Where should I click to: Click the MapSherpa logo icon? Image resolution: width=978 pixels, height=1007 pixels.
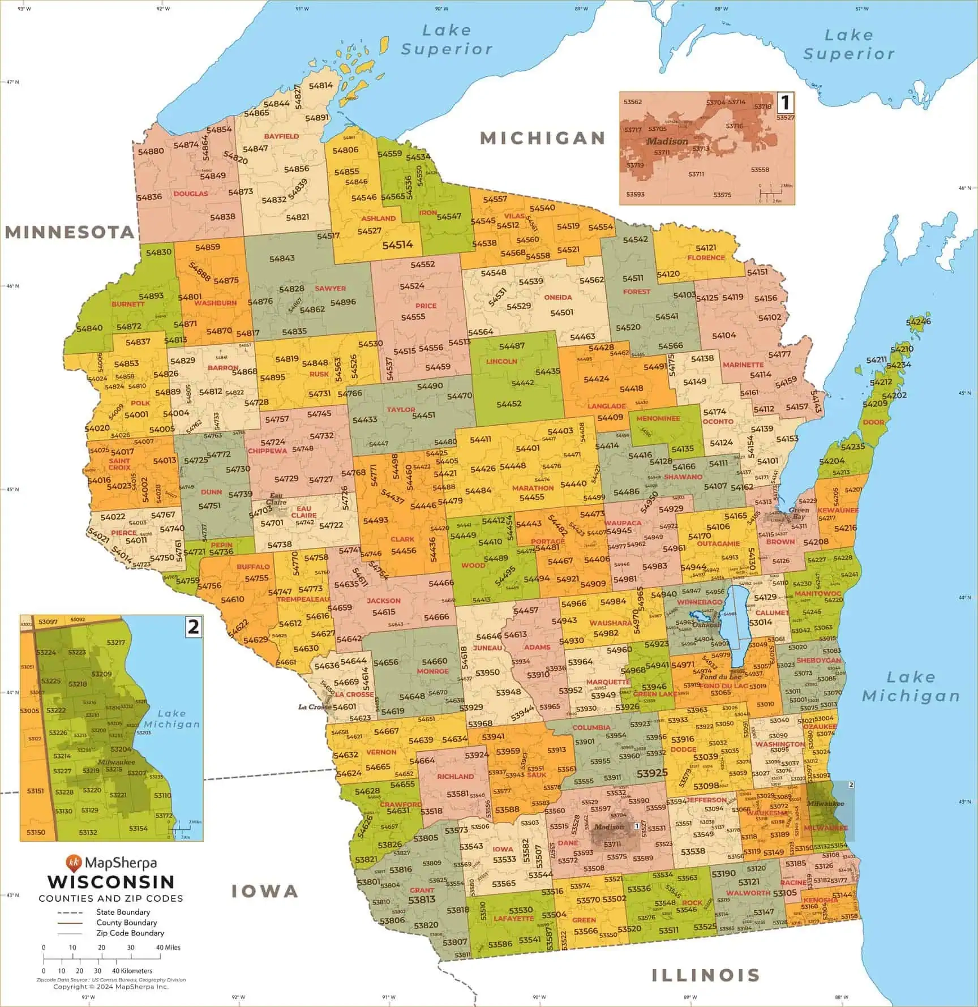pos(73,863)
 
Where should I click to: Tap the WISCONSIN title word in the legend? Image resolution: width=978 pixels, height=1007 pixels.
pos(111,882)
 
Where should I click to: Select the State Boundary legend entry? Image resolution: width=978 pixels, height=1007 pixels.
pos(123,912)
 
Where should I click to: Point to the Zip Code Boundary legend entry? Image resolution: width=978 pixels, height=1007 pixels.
pos(130,933)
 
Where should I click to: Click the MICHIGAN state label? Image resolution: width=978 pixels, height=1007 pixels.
pos(543,138)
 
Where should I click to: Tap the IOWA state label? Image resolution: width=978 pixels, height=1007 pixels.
pos(265,892)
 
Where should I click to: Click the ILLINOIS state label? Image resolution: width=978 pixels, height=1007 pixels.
pos(705,975)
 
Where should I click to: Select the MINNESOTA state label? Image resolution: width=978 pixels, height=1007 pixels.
pos(70,232)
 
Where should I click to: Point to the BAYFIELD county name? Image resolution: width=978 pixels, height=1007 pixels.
pos(281,136)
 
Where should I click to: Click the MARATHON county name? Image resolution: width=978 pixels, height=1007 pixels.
pos(533,488)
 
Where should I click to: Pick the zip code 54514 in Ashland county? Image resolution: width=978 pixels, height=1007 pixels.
pos(397,245)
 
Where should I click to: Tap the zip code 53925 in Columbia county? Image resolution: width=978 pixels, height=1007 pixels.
pos(652,773)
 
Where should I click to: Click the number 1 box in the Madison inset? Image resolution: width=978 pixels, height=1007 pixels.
pos(785,103)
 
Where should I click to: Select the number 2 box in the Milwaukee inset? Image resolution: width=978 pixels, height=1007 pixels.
pos(194,627)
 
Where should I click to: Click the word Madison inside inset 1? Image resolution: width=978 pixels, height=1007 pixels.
pos(667,142)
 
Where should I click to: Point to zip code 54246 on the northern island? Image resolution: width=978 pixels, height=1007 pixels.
pos(918,322)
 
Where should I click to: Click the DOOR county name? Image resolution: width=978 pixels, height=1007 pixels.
pos(873,422)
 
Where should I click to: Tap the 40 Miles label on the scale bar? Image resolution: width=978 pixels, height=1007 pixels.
pos(168,947)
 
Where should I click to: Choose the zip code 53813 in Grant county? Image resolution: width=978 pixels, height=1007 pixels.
pos(422,899)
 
